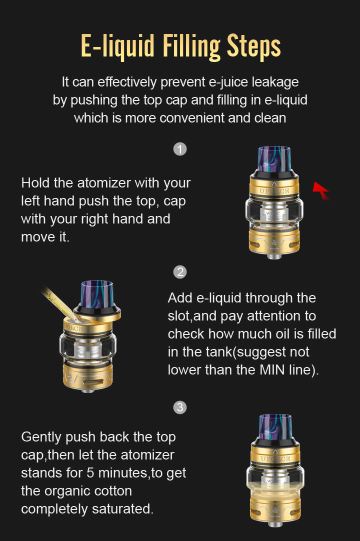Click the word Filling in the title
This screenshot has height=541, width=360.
pos(191,46)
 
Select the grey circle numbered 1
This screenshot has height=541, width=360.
pos(180,149)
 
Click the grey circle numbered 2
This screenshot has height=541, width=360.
pos(180,272)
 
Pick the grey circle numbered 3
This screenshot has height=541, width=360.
pos(180,407)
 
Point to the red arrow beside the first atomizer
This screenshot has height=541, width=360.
pos(321,190)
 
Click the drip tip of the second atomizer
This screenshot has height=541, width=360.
pos(97,294)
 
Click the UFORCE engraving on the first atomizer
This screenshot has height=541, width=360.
pos(274,191)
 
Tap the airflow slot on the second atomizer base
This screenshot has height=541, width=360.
pos(93,382)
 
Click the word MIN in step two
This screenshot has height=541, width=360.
pos(272,370)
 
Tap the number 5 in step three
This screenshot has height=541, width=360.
pos(90,472)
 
